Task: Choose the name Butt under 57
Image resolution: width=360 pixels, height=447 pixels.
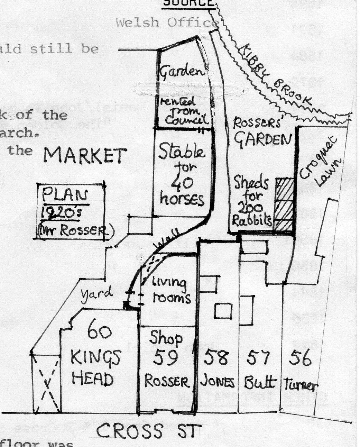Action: pos(260,382)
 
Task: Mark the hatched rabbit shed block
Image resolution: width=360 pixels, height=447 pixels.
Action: pos(284,204)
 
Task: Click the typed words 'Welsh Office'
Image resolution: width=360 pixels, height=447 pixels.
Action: pos(166,23)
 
